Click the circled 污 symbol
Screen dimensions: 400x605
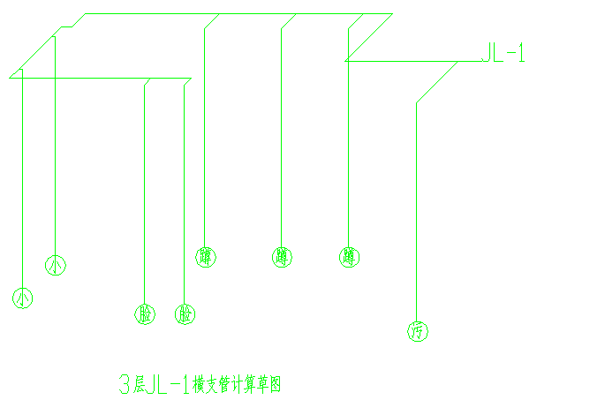point(418,332)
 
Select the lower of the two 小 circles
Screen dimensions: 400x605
point(23,298)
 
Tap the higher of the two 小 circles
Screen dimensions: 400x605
point(56,264)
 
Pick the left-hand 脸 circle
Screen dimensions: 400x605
point(145,314)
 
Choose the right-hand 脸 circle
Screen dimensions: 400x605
point(185,314)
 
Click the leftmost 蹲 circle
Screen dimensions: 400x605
point(206,257)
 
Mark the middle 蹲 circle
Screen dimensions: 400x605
point(283,257)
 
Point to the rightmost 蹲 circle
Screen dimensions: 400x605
point(349,257)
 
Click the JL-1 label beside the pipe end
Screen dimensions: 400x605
point(503,54)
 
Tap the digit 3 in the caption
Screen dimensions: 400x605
point(125,384)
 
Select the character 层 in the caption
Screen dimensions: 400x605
point(139,384)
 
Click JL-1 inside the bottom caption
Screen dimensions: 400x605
point(168,384)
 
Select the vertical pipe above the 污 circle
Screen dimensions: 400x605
point(416,212)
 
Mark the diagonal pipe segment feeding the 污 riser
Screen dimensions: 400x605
point(437,81)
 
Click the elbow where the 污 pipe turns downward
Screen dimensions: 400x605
point(416,102)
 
